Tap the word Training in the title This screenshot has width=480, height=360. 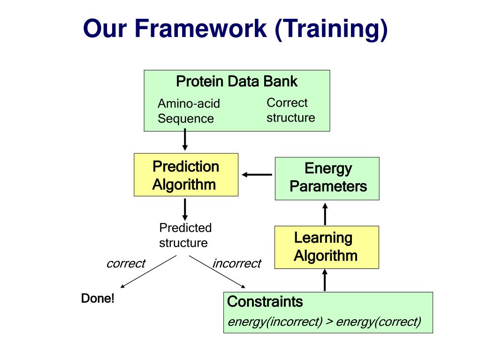pyautogui.click(x=332, y=30)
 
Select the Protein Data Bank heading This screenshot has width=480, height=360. pyautogui.click(x=236, y=81)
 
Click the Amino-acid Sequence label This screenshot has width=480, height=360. pyautogui.click(x=189, y=111)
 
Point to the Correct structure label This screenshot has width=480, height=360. pyautogui.click(x=290, y=110)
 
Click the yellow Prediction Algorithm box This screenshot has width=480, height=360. pyautogui.click(x=186, y=175)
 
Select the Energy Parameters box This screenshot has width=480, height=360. pyautogui.click(x=327, y=178)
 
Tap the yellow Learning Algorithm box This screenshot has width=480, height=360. pyautogui.click(x=327, y=247)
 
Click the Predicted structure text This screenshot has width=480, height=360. pyautogui.click(x=185, y=235)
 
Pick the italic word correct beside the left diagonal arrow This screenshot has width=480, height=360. pyautogui.click(x=126, y=263)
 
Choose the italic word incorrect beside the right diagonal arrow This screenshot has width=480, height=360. pyautogui.click(x=236, y=263)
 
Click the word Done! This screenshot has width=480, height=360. pyautogui.click(x=98, y=298)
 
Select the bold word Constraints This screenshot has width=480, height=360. pyautogui.click(x=265, y=301)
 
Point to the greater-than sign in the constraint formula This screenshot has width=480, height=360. pyautogui.click(x=329, y=322)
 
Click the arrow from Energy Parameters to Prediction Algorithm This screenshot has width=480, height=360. pyautogui.click(x=257, y=175)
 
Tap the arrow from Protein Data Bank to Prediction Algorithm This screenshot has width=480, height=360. pyautogui.click(x=185, y=139)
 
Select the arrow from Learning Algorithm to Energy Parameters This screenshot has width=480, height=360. pyautogui.click(x=325, y=214)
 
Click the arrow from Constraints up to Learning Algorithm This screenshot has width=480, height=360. pyautogui.click(x=325, y=280)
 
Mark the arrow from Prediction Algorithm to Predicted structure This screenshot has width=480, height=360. pyautogui.click(x=185, y=210)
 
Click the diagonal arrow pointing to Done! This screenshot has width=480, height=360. pyautogui.click(x=148, y=272)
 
